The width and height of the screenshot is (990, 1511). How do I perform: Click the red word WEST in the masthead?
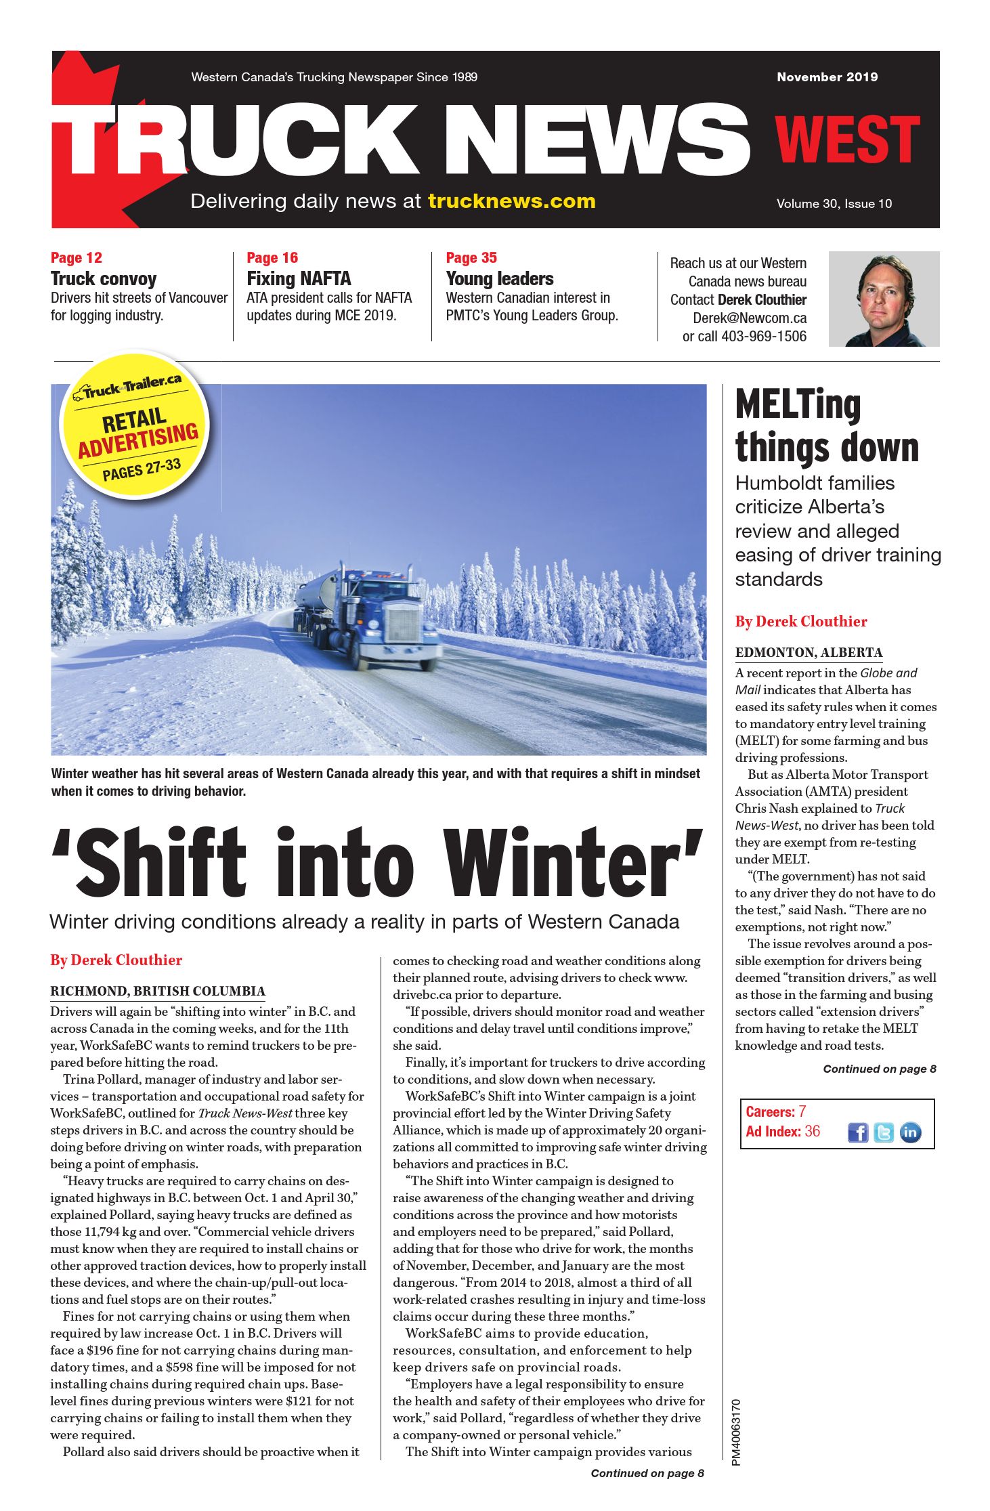[847, 140]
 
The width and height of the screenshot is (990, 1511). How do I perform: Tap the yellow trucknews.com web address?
[511, 201]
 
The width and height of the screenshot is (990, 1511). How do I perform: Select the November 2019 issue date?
[827, 77]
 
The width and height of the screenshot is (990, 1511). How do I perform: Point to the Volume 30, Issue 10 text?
[834, 204]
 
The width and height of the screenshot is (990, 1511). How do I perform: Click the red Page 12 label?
[77, 258]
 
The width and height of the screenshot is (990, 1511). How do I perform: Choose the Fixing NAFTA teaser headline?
[299, 278]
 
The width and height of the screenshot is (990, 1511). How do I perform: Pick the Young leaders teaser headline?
[499, 278]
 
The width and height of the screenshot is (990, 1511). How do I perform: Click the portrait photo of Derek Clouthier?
[884, 299]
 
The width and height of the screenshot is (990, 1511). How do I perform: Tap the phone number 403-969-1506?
[763, 337]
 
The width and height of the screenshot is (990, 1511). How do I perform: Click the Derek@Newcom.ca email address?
[749, 318]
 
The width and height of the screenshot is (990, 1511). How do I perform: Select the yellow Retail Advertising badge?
[135, 425]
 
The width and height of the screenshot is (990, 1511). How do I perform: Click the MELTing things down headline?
[827, 427]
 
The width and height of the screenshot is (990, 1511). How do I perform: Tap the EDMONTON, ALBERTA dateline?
[809, 653]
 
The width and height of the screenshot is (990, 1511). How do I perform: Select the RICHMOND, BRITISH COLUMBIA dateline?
[158, 992]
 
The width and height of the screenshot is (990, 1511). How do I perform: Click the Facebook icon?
[857, 1132]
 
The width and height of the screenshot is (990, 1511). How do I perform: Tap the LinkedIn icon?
[910, 1132]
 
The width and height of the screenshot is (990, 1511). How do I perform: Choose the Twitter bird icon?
[884, 1132]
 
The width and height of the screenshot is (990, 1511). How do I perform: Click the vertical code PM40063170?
[736, 1432]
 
